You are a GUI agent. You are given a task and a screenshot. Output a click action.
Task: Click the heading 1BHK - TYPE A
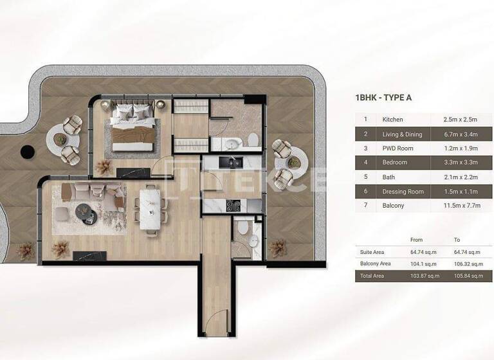[x=383, y=98]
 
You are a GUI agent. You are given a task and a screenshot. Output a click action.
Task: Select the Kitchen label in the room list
[x=392, y=120]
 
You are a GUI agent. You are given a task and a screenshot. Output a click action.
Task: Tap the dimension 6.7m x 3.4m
[x=461, y=134]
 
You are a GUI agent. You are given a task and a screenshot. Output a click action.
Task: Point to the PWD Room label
[x=397, y=148]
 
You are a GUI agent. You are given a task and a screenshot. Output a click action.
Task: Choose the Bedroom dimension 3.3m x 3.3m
[x=461, y=163]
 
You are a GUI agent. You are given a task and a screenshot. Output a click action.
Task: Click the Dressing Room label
[x=403, y=192]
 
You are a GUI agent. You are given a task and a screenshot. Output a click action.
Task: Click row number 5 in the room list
[x=365, y=177]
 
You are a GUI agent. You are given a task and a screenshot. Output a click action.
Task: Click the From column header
[x=417, y=240]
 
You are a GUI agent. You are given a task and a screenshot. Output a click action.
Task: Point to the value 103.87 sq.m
[x=425, y=276]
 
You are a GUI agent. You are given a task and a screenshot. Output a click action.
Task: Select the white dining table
[x=150, y=207]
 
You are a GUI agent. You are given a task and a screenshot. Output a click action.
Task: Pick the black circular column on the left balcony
[x=27, y=152]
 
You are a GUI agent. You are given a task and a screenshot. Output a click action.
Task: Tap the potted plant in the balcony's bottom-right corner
[x=278, y=248]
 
